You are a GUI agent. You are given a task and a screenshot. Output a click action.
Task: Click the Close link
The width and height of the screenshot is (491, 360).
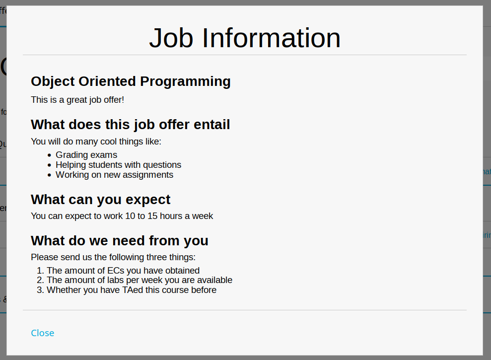(43, 333)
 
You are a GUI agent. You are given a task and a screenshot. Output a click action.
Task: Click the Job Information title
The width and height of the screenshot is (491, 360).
(245, 38)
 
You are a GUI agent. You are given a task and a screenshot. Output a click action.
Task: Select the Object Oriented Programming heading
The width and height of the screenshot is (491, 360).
(131, 81)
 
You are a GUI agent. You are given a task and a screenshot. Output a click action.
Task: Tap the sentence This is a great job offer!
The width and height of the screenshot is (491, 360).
(77, 100)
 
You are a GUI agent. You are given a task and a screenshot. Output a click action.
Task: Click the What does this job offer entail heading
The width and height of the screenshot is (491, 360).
(130, 125)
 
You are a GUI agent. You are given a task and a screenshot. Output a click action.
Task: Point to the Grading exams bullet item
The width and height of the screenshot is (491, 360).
(86, 155)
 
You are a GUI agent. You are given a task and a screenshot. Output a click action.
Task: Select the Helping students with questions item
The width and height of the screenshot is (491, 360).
(118, 165)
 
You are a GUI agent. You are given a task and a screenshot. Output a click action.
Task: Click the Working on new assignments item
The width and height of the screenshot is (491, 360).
(114, 175)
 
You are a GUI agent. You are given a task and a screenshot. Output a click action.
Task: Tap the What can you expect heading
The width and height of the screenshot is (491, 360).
(100, 199)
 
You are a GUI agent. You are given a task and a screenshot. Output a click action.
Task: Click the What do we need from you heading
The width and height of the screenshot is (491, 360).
(119, 241)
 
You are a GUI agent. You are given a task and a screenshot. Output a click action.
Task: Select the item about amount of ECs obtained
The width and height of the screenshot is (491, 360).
(123, 271)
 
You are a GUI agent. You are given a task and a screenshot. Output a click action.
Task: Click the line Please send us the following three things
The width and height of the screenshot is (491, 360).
(113, 257)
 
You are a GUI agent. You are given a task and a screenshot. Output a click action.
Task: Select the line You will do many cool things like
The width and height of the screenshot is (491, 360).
(96, 142)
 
